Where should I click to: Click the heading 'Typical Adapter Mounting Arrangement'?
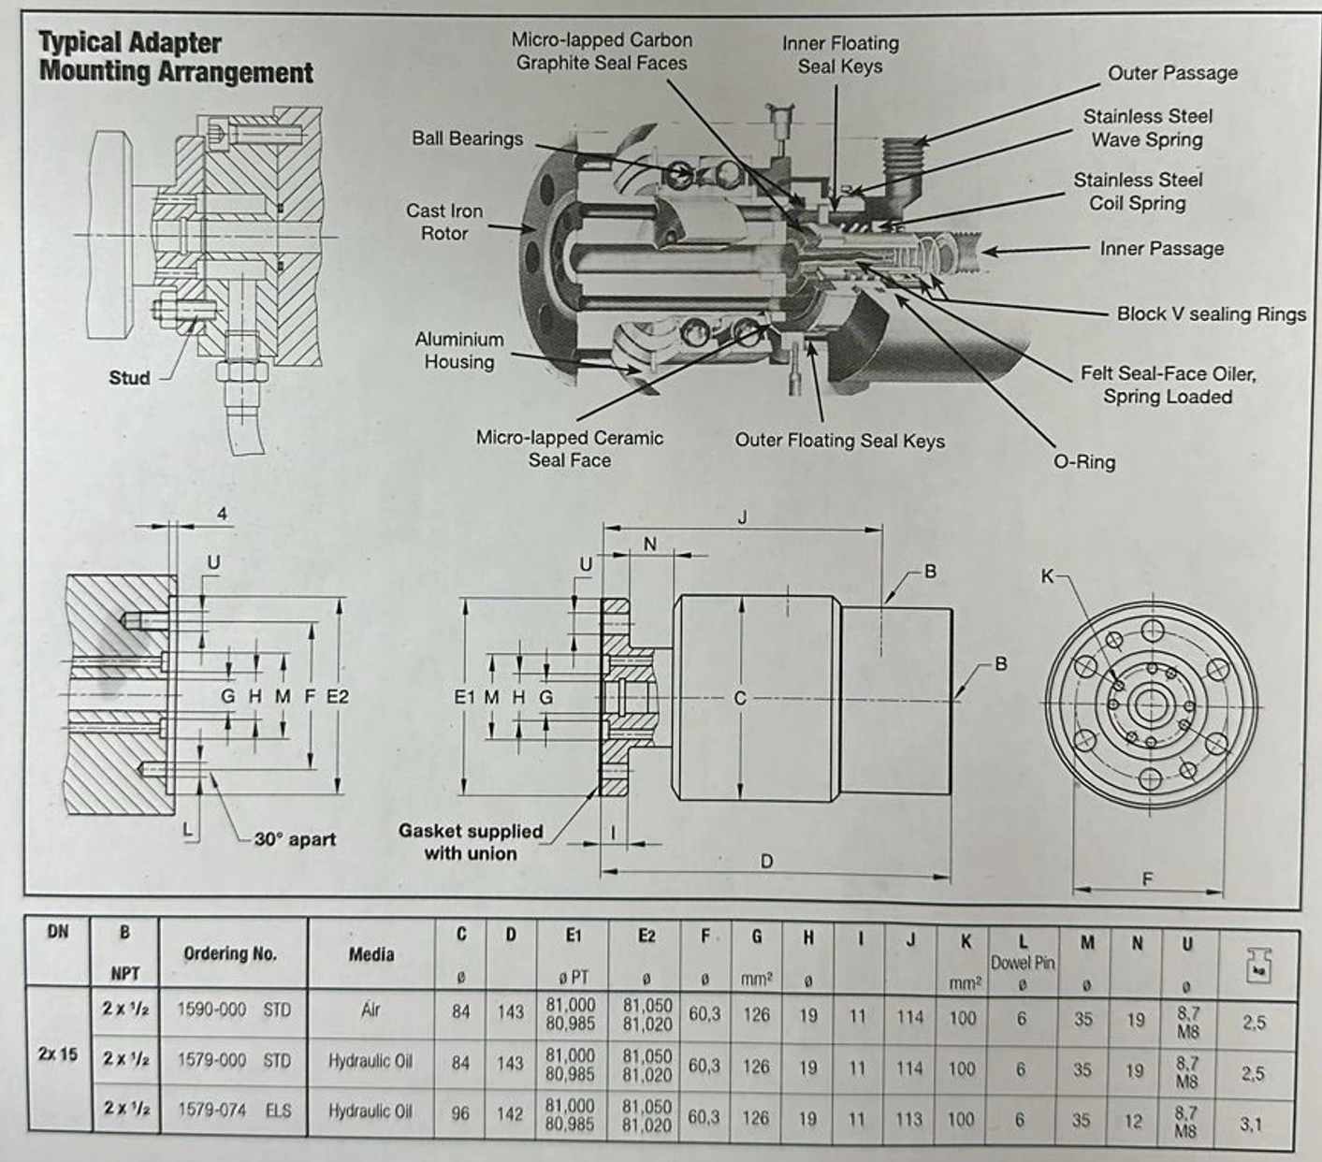click(x=176, y=57)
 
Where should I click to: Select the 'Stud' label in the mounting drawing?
click(x=129, y=378)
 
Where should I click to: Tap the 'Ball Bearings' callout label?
click(x=467, y=138)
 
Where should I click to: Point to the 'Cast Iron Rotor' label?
click(x=444, y=223)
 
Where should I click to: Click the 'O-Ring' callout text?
click(x=1084, y=462)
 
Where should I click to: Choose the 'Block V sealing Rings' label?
click(x=1211, y=314)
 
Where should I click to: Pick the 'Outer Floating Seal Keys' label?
click(x=839, y=441)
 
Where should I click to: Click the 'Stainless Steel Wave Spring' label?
click(x=1147, y=128)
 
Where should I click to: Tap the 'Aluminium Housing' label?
click(x=458, y=351)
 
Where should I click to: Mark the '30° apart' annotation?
click(x=295, y=839)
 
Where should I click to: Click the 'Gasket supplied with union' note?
click(x=470, y=842)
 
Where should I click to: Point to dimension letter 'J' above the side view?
click(x=742, y=517)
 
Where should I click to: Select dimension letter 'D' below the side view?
click(x=766, y=861)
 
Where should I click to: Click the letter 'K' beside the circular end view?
click(x=1048, y=576)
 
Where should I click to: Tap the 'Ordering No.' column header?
click(x=230, y=953)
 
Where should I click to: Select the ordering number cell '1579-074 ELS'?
click(x=234, y=1111)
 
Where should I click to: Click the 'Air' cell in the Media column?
click(x=370, y=1010)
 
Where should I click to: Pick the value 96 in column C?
click(x=460, y=1113)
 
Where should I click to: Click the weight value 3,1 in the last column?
click(x=1251, y=1124)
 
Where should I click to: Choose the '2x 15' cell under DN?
click(x=57, y=1054)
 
